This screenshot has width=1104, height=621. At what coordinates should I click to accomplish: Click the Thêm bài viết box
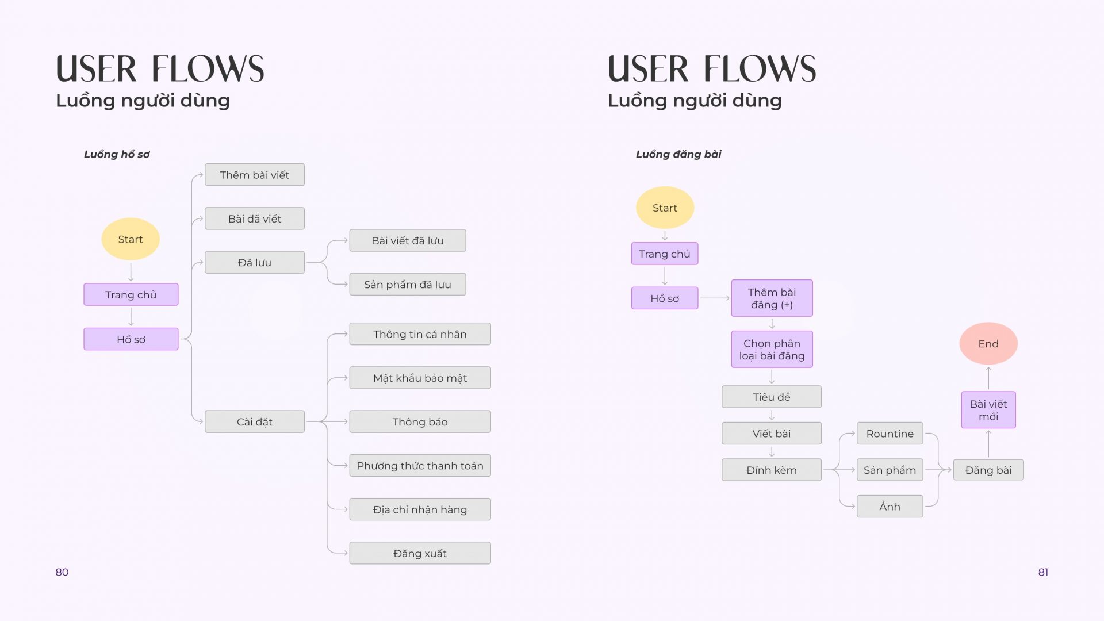point(255,175)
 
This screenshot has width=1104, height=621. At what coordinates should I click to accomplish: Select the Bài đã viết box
point(255,218)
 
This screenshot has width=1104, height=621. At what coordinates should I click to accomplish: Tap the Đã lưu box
point(255,262)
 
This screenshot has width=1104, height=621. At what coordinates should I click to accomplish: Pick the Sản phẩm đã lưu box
point(408,284)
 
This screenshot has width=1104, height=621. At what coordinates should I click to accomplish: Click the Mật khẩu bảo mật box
point(420,378)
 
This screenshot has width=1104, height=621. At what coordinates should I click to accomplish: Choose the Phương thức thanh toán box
point(420,466)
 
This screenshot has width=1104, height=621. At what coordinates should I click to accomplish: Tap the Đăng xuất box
point(420,553)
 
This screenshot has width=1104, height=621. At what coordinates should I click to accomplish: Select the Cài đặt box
point(255,421)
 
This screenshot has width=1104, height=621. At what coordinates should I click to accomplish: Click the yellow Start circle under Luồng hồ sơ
point(131,239)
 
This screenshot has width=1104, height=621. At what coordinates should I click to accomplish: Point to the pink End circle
point(988,343)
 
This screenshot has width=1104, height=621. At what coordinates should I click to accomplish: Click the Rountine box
point(890,434)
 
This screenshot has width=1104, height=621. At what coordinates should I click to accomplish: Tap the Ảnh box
point(890,507)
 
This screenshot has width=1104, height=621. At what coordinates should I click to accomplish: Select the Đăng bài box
point(988,470)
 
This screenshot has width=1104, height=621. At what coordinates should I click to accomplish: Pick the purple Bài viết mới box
point(988,410)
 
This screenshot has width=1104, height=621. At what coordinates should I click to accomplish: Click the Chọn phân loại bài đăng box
point(772,349)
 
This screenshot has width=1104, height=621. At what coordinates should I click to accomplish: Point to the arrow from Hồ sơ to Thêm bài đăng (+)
point(715,298)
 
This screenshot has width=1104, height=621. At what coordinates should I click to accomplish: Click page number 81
point(1043,572)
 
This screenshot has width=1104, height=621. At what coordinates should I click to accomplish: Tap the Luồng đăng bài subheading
point(678,154)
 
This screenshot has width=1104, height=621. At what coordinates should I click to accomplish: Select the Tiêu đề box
point(772,397)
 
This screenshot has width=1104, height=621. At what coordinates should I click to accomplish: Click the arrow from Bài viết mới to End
point(988,378)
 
